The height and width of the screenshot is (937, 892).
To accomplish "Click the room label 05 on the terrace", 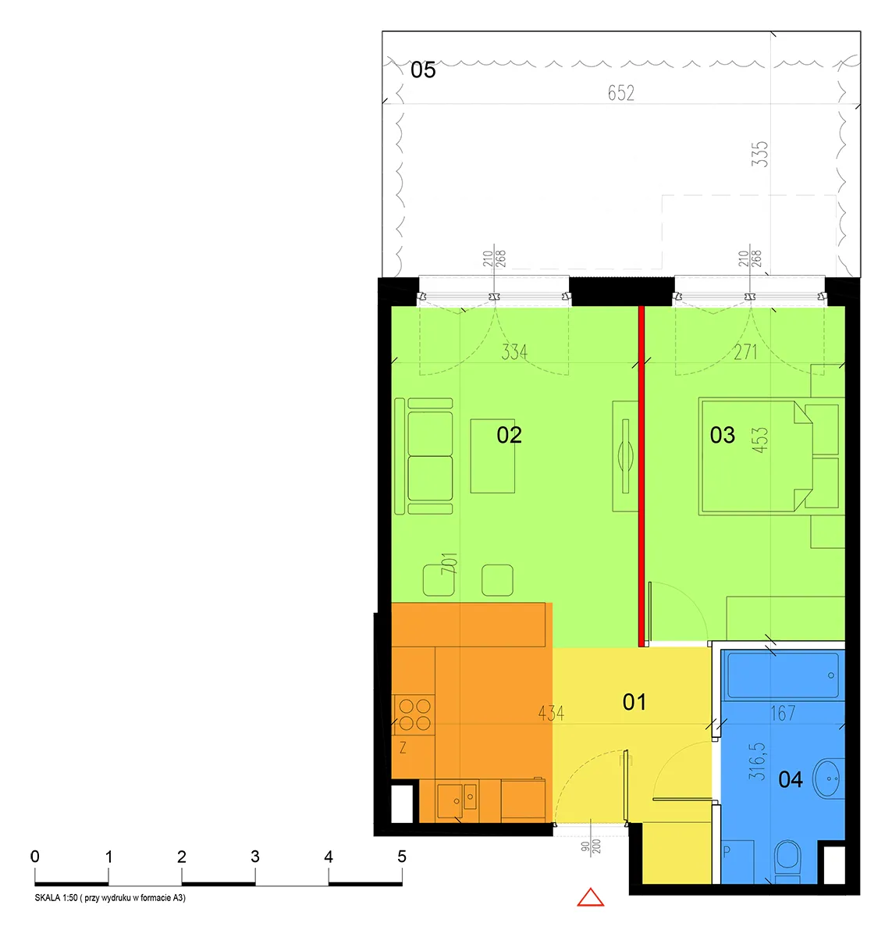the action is coord(423,70).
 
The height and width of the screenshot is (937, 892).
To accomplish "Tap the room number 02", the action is coord(509,435).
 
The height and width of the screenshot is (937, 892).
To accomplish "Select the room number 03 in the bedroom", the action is coord(722,435).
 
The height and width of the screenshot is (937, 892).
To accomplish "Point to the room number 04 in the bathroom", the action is coord(791,779).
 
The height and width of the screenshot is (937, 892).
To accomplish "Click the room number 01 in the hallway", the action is coord(634,702).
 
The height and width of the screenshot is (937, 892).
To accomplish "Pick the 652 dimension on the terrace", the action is coord(621,93).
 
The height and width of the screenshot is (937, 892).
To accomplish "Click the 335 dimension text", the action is coord(760,154).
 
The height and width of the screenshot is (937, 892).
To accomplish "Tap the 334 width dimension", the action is coord(514,352).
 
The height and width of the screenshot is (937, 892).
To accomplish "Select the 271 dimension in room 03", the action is coord(745,352).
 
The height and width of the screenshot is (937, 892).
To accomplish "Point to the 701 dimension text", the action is coord(449,563).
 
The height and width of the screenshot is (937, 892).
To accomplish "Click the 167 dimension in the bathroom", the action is coord(783,714).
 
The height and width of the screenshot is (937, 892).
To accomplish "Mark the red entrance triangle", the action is coord(591,897).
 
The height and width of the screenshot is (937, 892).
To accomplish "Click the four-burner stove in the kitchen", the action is coord(414,714).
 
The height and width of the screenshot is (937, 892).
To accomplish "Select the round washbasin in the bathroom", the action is coord(829,778).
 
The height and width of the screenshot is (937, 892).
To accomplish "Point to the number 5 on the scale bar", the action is coord(402,857).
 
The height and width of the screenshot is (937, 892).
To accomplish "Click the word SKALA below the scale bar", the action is coord(48,898).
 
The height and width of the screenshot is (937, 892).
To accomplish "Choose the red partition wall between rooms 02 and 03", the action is coord(641,476).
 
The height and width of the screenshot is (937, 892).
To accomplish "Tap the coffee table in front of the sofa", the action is coord(492,456).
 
